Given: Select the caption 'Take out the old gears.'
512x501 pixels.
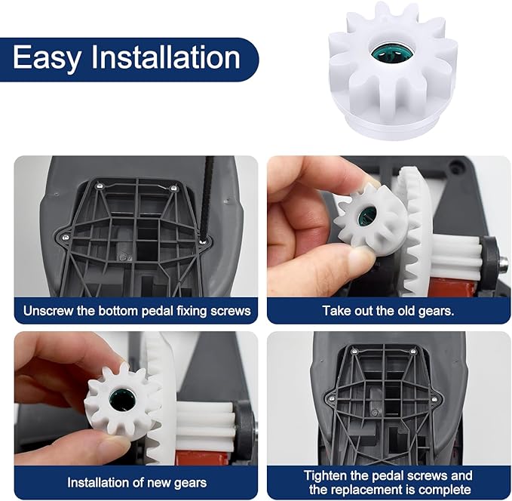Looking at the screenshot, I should (x=388, y=310).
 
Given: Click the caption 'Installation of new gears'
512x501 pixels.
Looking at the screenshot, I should (x=136, y=482).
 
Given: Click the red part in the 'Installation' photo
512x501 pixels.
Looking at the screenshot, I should (x=189, y=456).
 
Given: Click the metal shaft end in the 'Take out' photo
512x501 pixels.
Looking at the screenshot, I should (x=501, y=265).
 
